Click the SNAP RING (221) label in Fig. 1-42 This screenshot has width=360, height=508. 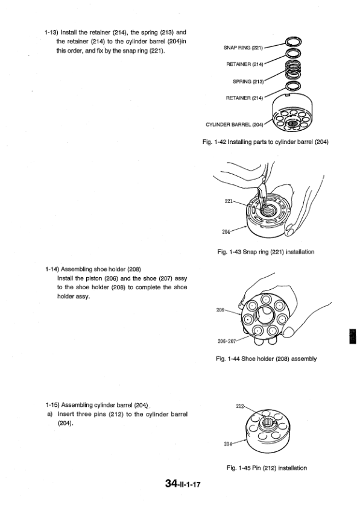243,48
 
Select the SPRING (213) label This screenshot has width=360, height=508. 248,81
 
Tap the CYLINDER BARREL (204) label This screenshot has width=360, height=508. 235,124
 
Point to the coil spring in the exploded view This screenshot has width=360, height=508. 293,71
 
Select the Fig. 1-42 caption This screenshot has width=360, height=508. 265,142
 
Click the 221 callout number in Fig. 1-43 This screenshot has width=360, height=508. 229,201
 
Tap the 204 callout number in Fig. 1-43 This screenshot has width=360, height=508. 226,231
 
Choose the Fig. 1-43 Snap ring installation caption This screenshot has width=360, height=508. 265,252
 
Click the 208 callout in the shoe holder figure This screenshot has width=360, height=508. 220,310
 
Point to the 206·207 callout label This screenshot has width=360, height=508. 227,341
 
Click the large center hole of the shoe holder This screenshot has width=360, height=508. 265,315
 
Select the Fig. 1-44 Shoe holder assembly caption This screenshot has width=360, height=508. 267,359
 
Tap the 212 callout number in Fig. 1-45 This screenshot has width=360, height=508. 239,406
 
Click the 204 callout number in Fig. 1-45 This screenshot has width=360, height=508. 228,444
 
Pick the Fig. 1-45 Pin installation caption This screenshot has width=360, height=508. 267,468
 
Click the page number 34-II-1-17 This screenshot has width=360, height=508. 183,483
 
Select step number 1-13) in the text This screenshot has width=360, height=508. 51,33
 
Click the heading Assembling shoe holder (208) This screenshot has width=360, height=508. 101,269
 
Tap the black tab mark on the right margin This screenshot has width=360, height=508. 353,336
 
